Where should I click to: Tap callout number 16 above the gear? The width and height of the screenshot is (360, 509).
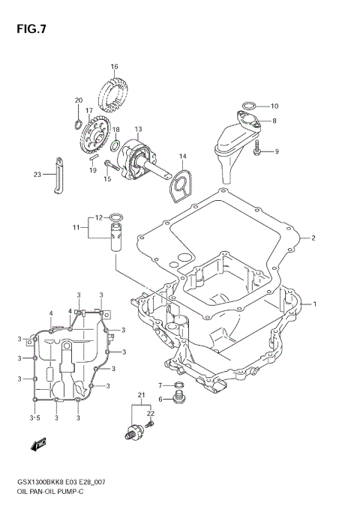point(114,67)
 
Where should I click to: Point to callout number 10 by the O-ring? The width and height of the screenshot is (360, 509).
point(274,106)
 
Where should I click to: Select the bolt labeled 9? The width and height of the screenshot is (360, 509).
point(257,151)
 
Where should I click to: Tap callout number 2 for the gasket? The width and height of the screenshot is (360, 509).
point(313,238)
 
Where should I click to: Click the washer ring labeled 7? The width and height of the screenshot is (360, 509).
point(178,385)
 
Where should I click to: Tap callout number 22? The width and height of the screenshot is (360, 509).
point(150,413)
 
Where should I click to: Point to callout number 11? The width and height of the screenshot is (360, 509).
point(76,226)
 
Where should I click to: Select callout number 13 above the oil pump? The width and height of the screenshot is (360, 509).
point(138,129)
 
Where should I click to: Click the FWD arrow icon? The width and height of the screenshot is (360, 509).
point(35,447)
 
